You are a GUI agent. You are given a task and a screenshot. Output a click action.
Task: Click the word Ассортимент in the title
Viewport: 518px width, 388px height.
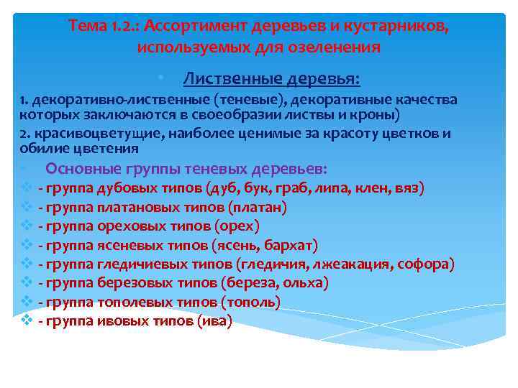196,27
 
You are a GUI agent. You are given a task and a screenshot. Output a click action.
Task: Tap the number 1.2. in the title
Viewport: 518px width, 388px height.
126,27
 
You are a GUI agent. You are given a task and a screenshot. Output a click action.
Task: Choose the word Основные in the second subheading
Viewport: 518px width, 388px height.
78,169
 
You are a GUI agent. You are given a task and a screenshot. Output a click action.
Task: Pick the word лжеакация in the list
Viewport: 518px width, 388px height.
355,264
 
